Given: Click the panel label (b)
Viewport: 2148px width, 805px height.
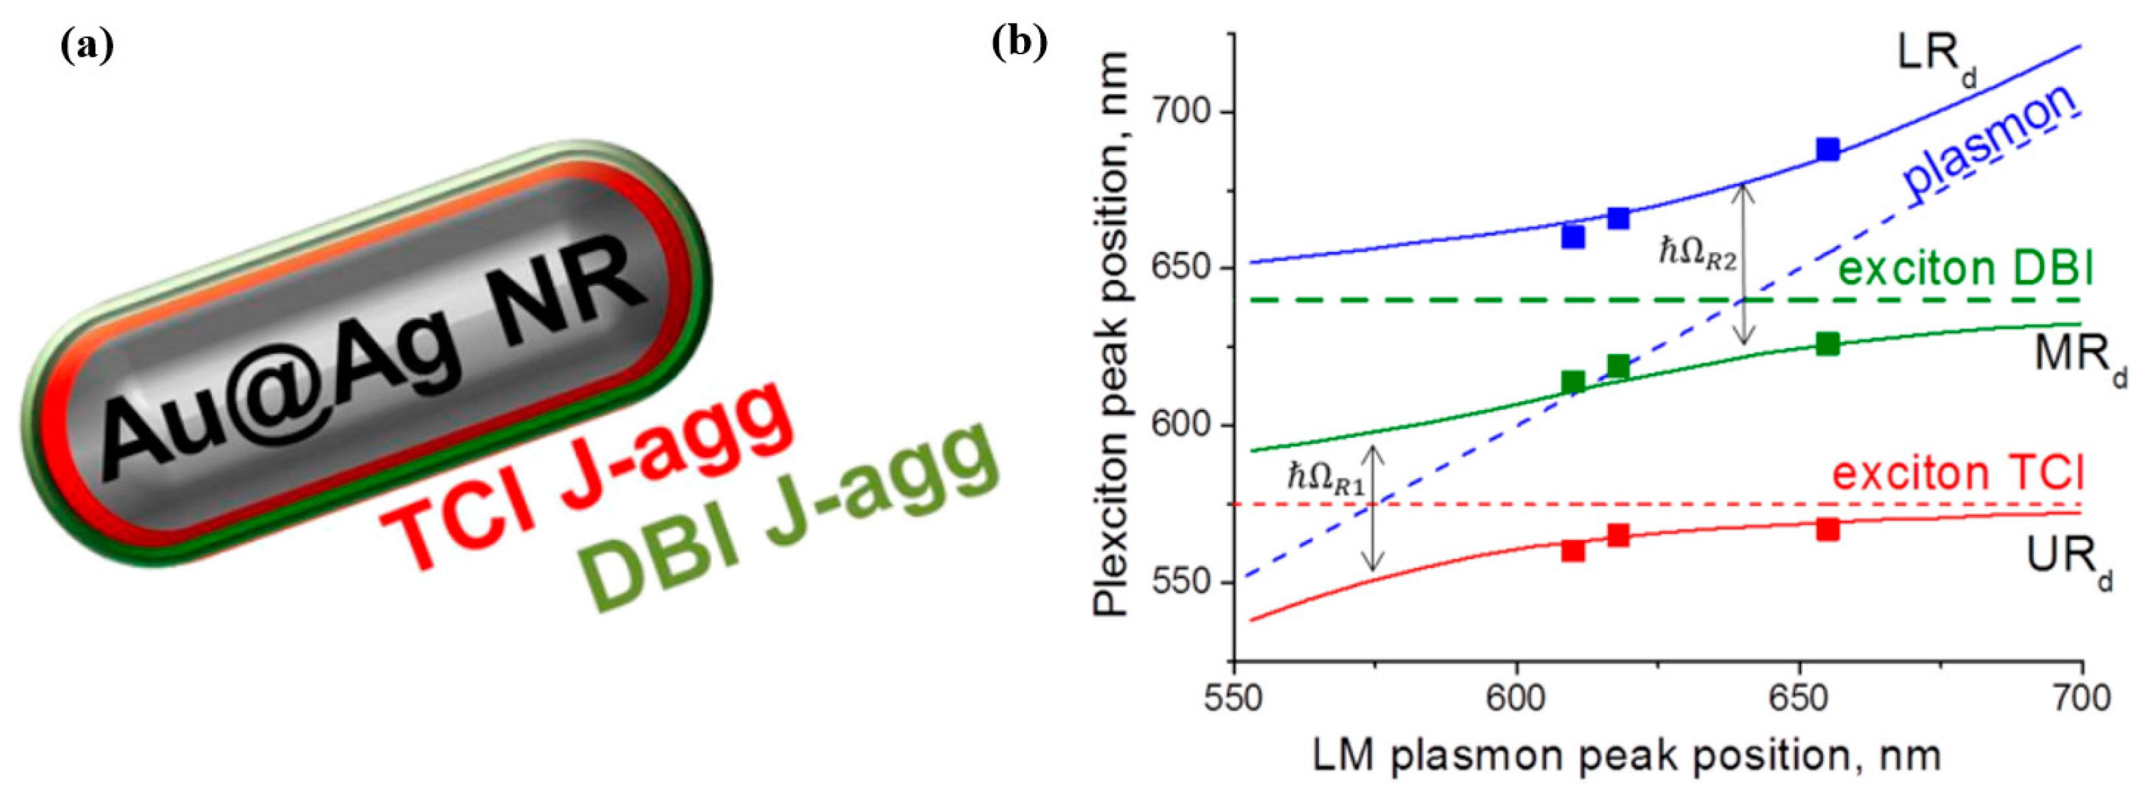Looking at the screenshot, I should [1019, 43].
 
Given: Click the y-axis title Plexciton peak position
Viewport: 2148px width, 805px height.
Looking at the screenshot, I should [1112, 334].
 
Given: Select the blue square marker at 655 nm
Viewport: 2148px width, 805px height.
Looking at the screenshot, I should [1828, 150].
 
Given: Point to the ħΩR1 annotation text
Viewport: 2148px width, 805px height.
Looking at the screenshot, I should [1327, 480].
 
